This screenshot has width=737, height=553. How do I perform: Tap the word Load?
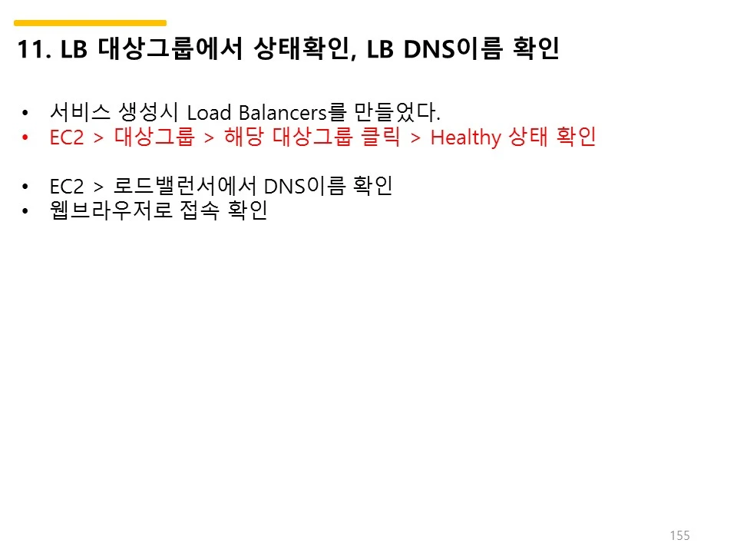point(207,113)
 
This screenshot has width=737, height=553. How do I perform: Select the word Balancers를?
point(280,113)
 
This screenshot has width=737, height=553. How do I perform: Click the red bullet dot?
point(25,138)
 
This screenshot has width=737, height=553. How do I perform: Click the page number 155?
point(679,535)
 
